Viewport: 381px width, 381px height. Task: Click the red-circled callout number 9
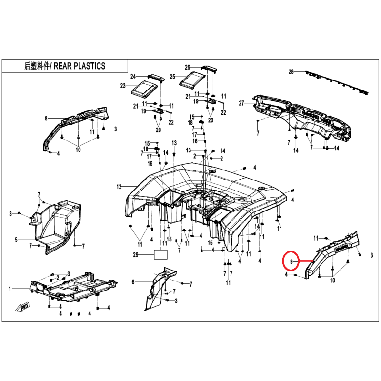[x=291, y=261]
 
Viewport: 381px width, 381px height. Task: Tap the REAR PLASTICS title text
[x=80, y=66]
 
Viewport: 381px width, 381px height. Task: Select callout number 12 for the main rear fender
[x=119, y=187]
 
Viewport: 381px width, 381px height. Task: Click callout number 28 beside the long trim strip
[x=291, y=72]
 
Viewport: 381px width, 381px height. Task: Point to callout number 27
[x=241, y=103]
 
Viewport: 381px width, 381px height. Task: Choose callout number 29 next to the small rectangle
[x=136, y=255]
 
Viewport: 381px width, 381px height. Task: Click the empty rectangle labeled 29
[x=161, y=255]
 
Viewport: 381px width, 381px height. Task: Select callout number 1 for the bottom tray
[x=10, y=289]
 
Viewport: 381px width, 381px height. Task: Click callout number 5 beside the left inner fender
[x=16, y=240]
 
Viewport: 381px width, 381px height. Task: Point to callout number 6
[x=133, y=282]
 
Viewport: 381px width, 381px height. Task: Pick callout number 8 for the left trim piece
[x=46, y=119]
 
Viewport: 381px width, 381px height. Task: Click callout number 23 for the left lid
[x=123, y=86]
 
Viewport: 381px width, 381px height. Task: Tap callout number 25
[x=172, y=77]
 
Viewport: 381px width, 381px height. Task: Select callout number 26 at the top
[x=187, y=67]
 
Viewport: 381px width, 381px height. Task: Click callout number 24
[x=133, y=77]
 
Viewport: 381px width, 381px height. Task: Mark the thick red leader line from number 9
[x=306, y=261]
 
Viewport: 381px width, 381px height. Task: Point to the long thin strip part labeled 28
[x=337, y=82]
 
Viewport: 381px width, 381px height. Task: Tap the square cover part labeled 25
[x=192, y=80]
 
